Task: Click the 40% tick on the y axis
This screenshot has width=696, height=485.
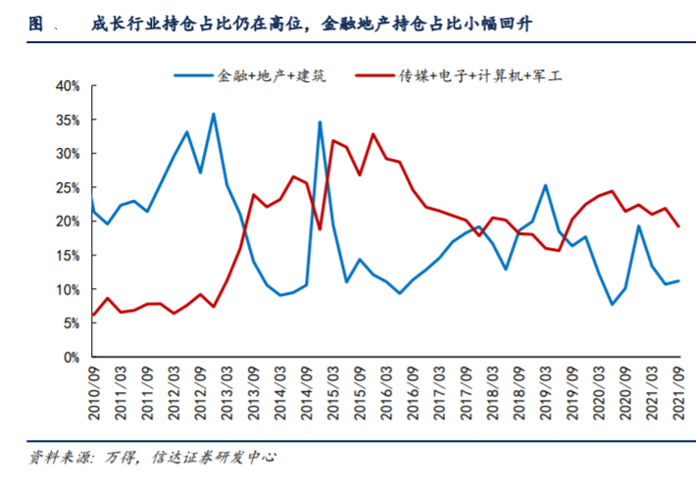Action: coord(66,86)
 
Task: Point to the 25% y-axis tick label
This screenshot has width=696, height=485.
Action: coord(66,188)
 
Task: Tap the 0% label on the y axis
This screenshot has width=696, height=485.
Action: coord(70,358)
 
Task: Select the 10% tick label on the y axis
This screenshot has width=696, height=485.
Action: coord(66,290)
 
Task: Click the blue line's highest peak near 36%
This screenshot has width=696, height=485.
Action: coord(213,115)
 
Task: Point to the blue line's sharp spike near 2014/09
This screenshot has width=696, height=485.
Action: coord(320,122)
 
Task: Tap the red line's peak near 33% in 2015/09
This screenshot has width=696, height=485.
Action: coord(373,134)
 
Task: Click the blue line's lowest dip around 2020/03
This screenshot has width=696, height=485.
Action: coord(612,305)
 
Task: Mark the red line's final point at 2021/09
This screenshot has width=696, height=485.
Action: coord(678,226)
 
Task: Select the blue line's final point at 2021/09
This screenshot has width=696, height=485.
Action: coord(678,281)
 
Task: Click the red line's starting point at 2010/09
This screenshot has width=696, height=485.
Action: coord(93,315)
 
